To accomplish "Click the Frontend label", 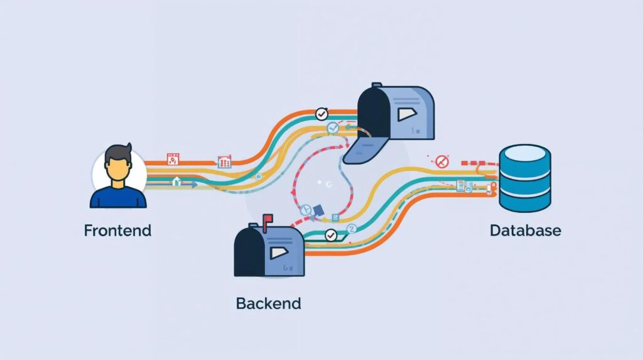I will tap(117, 230).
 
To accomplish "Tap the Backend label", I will tap(268, 303).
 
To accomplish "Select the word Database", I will tap(525, 231).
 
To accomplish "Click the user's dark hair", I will tap(118, 153).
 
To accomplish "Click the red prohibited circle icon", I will tap(442, 161).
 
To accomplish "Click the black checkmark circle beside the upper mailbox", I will tap(321, 114).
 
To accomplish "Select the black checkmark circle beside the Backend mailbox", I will tap(330, 236).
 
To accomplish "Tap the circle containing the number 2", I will tap(351, 229).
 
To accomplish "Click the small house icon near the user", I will tap(176, 182).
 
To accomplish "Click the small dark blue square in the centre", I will tap(318, 210).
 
